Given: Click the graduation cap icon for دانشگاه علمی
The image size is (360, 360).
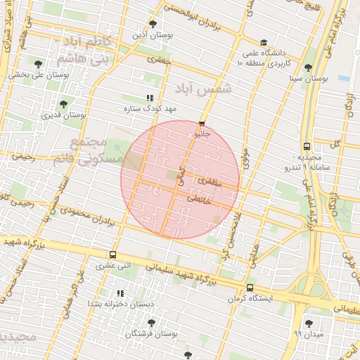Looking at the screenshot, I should (x=263, y=43).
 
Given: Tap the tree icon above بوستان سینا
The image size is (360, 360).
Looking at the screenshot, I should (x=308, y=67).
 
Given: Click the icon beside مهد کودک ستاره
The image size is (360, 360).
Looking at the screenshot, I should (x=149, y=98).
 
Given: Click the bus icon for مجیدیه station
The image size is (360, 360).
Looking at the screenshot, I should (x=307, y=146).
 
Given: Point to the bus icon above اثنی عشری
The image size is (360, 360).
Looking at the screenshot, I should (x=113, y=255).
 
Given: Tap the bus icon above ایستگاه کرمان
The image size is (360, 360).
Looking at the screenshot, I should (x=250, y=288).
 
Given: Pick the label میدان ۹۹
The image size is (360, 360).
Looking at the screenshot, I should (x=307, y=333).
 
